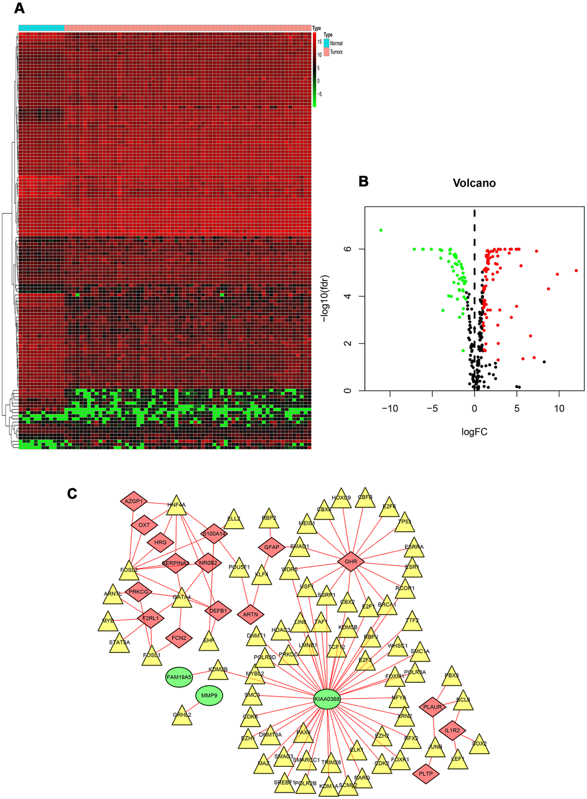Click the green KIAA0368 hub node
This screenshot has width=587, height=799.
pyautogui.click(x=327, y=699)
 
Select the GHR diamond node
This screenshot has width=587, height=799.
pyautogui.click(x=350, y=562)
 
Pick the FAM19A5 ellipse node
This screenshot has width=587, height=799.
pyautogui.click(x=178, y=677)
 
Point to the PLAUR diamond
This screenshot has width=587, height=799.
pyautogui.click(x=432, y=707)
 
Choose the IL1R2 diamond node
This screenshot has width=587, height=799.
pyautogui.click(x=452, y=731)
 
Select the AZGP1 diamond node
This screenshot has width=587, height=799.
pyautogui.click(x=134, y=501)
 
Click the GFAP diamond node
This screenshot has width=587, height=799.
pyautogui.click(x=272, y=547)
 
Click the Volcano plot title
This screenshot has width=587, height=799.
pyautogui.click(x=474, y=183)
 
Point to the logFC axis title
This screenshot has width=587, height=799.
pyautogui.click(x=474, y=432)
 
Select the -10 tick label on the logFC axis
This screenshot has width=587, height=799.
pyautogui.click(x=390, y=409)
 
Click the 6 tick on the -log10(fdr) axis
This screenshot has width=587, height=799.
pyautogui.click(x=346, y=249)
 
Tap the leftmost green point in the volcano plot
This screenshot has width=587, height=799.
pyautogui.click(x=381, y=230)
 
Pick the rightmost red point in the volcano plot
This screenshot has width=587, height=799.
pyautogui.click(x=576, y=270)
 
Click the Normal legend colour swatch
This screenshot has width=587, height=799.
pyautogui.click(x=326, y=43)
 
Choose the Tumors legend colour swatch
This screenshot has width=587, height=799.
pyautogui.click(x=326, y=52)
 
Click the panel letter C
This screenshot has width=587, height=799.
pyautogui.click(x=72, y=493)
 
